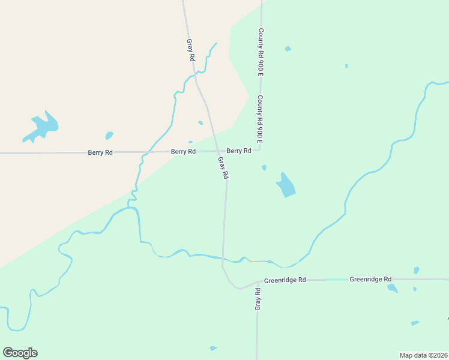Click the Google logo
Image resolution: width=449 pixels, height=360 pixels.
20,353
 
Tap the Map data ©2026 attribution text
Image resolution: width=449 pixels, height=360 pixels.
423,355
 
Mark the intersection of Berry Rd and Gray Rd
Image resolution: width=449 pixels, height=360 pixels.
217,151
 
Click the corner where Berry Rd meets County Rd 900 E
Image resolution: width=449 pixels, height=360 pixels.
260,149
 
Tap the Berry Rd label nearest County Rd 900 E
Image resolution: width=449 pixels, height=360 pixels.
239,151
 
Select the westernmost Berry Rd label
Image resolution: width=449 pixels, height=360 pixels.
100,152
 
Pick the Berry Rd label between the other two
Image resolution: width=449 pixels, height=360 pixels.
183,152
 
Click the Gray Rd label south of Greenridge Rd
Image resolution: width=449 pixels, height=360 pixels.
258,299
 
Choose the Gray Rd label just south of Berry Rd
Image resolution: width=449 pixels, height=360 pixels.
224,168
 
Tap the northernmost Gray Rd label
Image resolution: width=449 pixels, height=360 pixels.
191,50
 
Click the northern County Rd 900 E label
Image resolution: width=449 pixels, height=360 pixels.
261,52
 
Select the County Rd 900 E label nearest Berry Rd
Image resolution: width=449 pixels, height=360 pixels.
261,119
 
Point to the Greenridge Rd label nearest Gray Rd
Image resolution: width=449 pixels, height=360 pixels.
285,280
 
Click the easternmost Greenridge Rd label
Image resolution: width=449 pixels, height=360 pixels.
370,280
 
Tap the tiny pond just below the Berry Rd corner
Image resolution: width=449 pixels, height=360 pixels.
264,168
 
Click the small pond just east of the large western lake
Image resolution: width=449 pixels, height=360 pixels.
109,136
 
